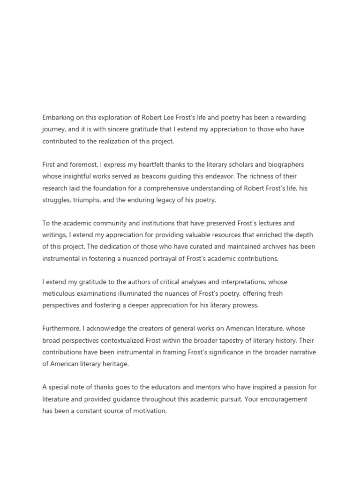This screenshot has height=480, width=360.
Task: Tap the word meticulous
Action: point(60,293)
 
